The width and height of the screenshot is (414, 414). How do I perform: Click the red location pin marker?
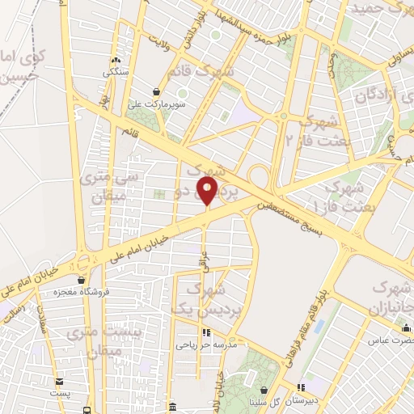point(208,191)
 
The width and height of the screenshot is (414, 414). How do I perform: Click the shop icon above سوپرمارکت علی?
point(157,91)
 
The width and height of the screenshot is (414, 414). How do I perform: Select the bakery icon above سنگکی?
point(116,60)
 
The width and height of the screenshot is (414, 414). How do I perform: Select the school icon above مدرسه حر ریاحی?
point(206,332)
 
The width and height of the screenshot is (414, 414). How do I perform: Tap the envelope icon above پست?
point(60,382)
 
